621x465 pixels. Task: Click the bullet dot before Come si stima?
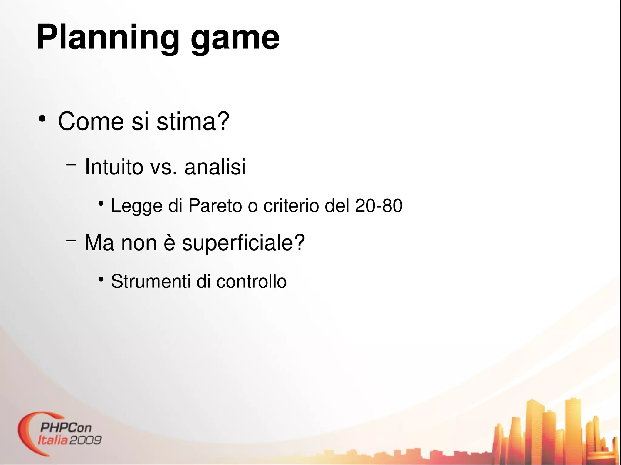coord(42,119)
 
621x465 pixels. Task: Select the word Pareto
coord(215,205)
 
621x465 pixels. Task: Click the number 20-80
coord(378,205)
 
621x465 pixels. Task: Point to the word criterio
coord(291,205)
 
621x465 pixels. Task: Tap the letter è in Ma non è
coord(170,243)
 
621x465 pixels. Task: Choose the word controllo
coord(251,281)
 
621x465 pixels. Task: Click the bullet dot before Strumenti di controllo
coord(101,279)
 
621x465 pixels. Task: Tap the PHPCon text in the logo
coord(65,427)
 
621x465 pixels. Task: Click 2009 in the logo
coord(86,440)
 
